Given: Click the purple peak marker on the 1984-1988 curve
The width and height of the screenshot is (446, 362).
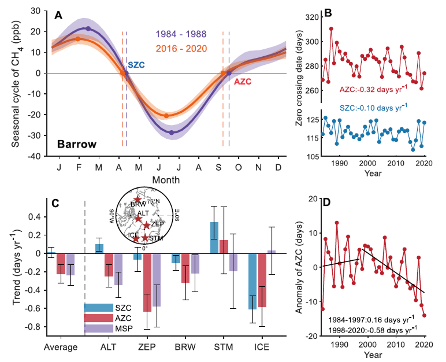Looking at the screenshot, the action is point(88,28).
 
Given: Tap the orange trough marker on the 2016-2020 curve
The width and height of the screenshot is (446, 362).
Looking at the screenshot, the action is point(166,116).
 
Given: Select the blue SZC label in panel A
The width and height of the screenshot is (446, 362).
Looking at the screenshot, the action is point(136,65).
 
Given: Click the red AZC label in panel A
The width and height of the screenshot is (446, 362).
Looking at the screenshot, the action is point(243,82).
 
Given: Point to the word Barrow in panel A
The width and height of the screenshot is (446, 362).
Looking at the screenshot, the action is point(77,144).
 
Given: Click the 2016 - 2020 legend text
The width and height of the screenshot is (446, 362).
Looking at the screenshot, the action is point(181,49).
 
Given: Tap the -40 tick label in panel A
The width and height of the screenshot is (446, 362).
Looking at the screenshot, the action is point(35,156).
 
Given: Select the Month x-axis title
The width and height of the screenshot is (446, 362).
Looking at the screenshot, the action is point(166,180).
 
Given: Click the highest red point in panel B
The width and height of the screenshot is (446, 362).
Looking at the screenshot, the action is point(331,29).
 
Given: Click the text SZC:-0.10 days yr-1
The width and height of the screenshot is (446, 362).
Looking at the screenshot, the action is point(373,107).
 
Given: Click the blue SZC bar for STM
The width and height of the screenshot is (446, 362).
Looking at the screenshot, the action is point(214,238).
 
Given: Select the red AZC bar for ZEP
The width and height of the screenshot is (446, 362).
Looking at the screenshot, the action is point(147,283).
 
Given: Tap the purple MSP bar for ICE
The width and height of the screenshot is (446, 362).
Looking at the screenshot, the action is point(272,252).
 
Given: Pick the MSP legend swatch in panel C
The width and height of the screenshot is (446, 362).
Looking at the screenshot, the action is point(98,328).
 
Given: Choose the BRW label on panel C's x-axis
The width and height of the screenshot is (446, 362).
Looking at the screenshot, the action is point(185,347).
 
